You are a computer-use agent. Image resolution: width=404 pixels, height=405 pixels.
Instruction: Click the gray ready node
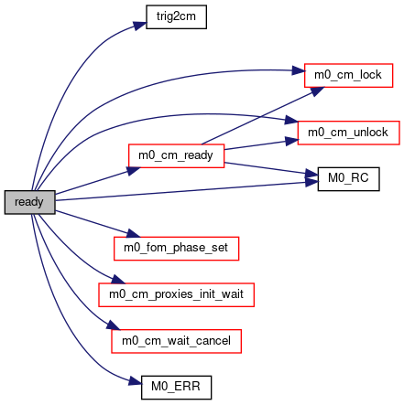tap(29, 202)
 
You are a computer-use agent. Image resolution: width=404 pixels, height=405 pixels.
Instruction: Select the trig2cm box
tap(176, 16)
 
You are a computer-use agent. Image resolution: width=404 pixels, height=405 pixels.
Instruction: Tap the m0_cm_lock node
tap(348, 75)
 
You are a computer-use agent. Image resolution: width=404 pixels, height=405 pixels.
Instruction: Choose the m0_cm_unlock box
tap(348, 133)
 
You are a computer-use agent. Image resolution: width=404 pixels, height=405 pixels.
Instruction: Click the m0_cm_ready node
tap(176, 155)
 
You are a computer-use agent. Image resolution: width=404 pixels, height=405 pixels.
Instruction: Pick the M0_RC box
tap(348, 179)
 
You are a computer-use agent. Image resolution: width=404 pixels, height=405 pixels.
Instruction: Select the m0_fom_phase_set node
tap(176, 249)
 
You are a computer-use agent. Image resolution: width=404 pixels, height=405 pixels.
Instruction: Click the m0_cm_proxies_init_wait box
tap(176, 294)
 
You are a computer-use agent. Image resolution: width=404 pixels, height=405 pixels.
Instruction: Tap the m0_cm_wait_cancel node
tap(176, 341)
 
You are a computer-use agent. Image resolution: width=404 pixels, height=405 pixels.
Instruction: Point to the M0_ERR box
tap(176, 388)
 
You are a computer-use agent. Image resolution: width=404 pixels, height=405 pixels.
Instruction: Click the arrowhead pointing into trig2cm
tap(140, 25)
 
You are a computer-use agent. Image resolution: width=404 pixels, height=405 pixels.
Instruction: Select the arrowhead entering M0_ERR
tap(136, 381)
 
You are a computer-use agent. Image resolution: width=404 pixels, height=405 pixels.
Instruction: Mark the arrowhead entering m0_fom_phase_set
tap(133, 234)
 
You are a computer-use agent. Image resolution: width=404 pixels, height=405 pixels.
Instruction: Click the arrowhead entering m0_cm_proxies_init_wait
tap(118, 279)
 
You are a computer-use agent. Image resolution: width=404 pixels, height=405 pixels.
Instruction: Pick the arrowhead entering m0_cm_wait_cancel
tap(114, 325)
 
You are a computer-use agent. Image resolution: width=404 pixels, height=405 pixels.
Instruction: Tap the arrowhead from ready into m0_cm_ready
tap(133, 171)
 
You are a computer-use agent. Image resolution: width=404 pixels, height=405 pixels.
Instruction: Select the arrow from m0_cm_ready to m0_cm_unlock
tap(261, 144)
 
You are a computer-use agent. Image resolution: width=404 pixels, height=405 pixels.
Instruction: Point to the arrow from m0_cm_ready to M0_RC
tap(271, 169)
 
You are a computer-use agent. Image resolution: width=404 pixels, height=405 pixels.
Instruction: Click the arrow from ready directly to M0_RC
tap(187, 191)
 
